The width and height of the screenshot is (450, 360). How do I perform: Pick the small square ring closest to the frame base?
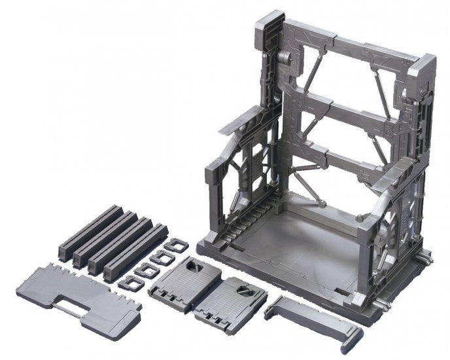(x=172, y=246)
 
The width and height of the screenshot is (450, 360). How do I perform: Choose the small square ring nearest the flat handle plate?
(x=128, y=283)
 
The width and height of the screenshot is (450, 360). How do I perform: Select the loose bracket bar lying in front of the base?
(x=314, y=317)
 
